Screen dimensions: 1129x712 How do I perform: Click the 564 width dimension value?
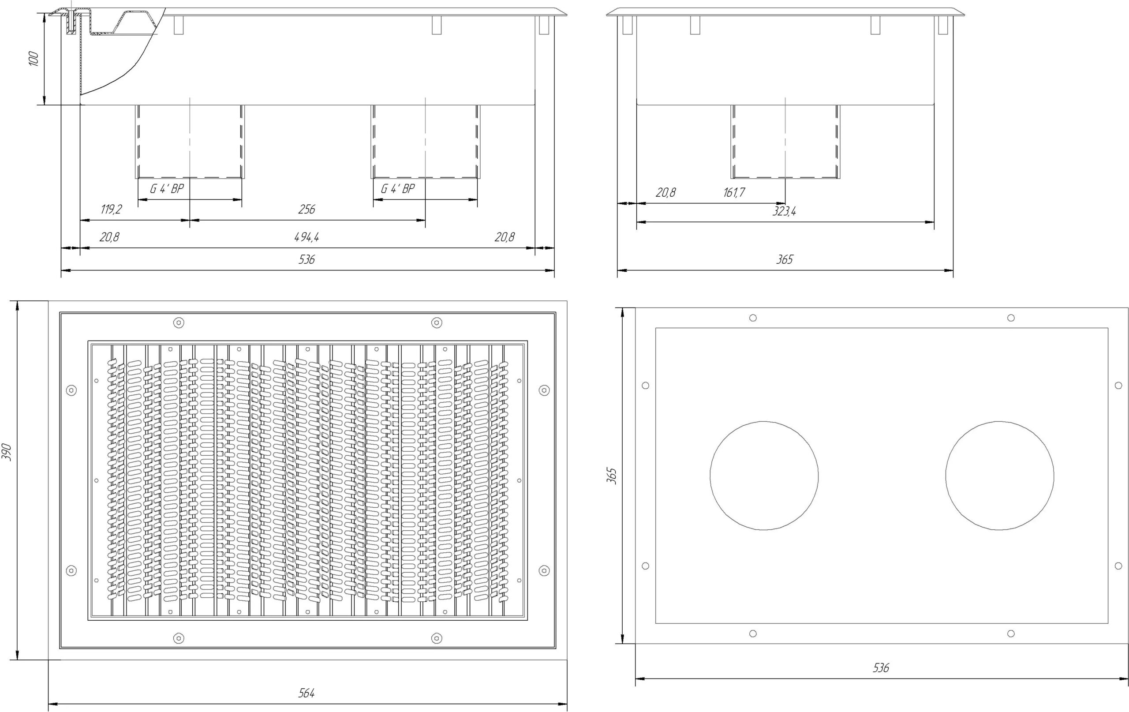(307, 693)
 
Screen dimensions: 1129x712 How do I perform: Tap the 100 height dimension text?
(34, 59)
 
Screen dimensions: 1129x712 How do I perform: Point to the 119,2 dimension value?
(111, 209)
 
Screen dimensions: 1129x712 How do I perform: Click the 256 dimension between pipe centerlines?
(307, 209)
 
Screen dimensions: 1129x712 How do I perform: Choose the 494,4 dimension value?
(307, 237)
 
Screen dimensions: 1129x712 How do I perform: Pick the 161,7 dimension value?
(734, 192)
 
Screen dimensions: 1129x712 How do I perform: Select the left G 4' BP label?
(167, 189)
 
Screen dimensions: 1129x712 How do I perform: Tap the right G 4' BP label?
(398, 189)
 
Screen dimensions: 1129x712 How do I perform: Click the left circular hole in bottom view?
(764, 421)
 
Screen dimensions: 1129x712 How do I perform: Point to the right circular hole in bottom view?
(1000, 421)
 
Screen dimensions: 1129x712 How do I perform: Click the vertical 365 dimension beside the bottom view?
(612, 476)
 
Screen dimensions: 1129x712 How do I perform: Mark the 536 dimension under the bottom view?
(881, 668)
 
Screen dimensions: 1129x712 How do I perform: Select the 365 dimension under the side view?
(785, 259)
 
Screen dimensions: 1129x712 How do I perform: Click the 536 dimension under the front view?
(307, 259)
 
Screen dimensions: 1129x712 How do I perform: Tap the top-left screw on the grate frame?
(179, 323)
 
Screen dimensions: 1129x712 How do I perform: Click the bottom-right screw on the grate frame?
(437, 638)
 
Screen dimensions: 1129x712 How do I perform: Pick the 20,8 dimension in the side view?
(666, 192)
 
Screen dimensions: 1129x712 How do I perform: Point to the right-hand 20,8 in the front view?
(505, 237)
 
